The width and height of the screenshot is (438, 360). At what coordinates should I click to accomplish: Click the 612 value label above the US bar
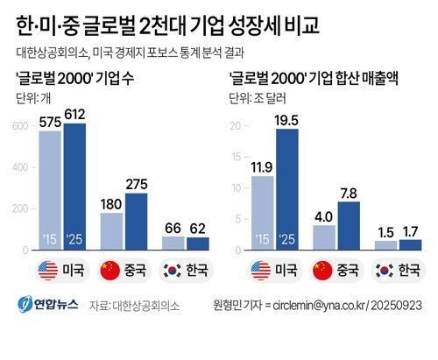tap(74, 115)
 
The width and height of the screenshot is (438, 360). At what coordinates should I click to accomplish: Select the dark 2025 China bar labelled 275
tap(137, 222)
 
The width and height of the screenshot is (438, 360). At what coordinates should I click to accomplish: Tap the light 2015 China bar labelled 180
tap(111, 231)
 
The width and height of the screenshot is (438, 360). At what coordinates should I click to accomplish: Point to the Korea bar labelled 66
tap(173, 244)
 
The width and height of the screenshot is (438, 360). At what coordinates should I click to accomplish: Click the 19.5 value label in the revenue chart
tap(287, 120)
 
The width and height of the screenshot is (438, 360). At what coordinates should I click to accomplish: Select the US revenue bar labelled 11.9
tap(263, 213)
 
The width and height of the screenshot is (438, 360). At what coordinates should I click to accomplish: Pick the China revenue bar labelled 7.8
tap(349, 226)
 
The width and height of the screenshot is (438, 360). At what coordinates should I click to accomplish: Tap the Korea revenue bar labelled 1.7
tap(411, 244)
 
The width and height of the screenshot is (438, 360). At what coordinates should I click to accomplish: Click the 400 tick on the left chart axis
tap(20, 167)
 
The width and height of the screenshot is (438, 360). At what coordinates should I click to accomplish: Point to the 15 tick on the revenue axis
tap(236, 157)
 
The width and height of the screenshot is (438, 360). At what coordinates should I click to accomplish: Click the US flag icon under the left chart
tap(48, 271)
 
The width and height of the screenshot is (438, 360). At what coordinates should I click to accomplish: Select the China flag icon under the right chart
tap(322, 271)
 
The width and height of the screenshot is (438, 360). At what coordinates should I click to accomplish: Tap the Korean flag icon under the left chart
tap(173, 271)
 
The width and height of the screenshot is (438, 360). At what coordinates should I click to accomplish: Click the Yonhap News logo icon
tap(25, 304)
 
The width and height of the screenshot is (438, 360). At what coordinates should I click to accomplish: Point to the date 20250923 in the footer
tap(396, 306)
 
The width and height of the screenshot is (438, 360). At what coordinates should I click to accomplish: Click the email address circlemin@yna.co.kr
tap(319, 306)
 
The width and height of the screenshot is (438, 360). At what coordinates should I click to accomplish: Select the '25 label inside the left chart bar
tap(74, 239)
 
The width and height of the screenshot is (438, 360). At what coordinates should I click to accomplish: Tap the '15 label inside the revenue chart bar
tap(262, 239)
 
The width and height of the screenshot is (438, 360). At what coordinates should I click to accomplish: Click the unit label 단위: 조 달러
tap(258, 98)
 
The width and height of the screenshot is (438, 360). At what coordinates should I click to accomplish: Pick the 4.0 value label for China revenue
tap(324, 217)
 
